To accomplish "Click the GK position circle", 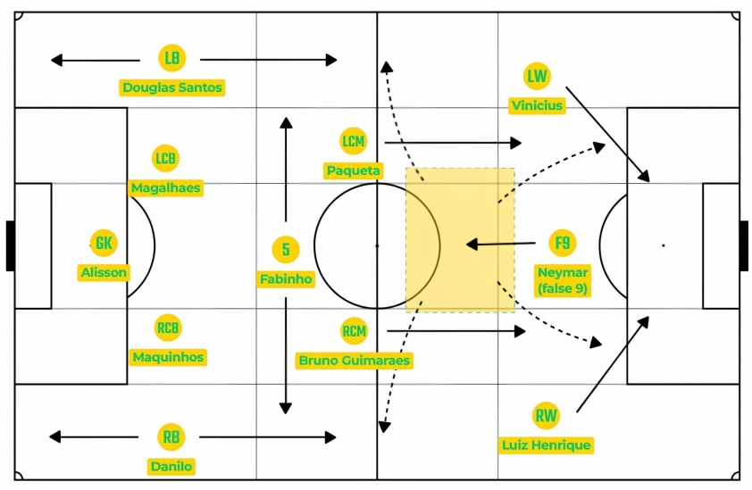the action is tap(104, 243).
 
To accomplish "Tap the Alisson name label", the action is tap(104, 272).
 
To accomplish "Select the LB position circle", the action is tap(172, 58).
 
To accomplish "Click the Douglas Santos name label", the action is tap(172, 87).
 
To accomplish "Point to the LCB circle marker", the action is tap(165, 158).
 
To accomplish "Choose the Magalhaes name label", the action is tap(166, 187).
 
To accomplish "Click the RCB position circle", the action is tap(168, 328).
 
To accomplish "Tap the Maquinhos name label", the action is tap(168, 357).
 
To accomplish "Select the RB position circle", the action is tap(171, 436).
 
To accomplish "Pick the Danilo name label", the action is tap(171, 467).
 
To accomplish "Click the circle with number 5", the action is tap(286, 249).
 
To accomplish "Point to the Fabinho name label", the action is tap(286, 278).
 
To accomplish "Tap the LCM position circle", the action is tap(354, 141).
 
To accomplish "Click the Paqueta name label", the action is tap(354, 170).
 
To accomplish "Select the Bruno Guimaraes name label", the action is tap(355, 361).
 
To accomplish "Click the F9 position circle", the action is tap(563, 243).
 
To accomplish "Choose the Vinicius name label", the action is tap(537, 105).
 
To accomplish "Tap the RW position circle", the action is tap(547, 416).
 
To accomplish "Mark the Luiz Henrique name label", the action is tap(547, 445).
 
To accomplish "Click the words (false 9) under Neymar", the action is tap(563, 288).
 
